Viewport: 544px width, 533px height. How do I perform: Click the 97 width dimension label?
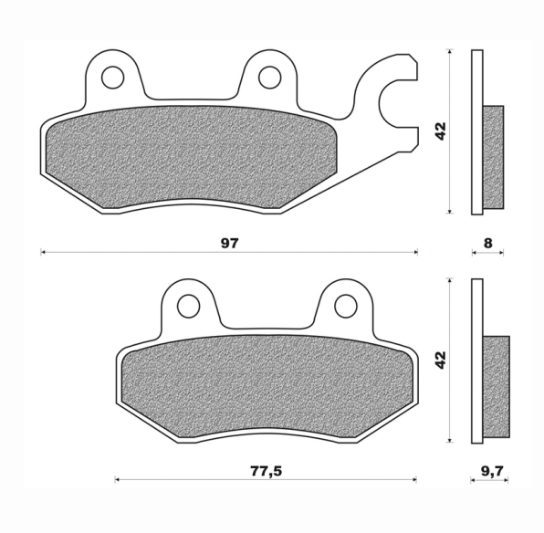click(230, 244)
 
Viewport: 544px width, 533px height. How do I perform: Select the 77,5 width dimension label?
click(266, 471)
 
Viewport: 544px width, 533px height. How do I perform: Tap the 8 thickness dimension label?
click(487, 244)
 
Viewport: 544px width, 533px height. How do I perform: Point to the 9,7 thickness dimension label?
click(492, 471)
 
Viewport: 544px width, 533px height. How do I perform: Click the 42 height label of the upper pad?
click(441, 131)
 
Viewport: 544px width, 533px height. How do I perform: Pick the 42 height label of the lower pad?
click(441, 360)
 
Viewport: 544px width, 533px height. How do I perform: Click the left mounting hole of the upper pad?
click(113, 77)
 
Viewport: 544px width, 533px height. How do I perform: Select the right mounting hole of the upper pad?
click(270, 77)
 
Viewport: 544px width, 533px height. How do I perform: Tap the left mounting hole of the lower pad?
click(189, 306)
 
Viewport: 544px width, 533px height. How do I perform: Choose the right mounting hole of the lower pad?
click(346, 306)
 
